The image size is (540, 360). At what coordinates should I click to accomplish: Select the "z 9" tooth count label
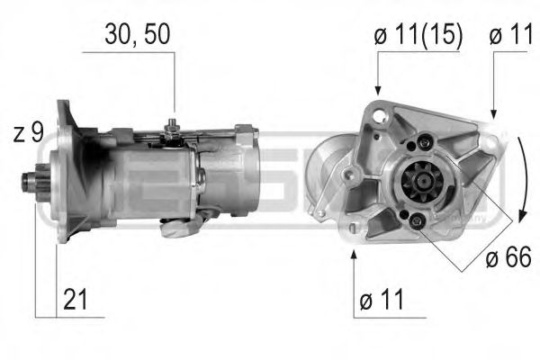click(29, 133)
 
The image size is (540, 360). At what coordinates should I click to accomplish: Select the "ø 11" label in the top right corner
click(511, 35)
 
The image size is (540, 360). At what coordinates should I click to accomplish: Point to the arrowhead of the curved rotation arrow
click(520, 219)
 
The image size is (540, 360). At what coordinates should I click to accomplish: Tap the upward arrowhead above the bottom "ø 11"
click(355, 256)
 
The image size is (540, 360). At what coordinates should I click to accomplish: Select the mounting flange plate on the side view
click(65, 171)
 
